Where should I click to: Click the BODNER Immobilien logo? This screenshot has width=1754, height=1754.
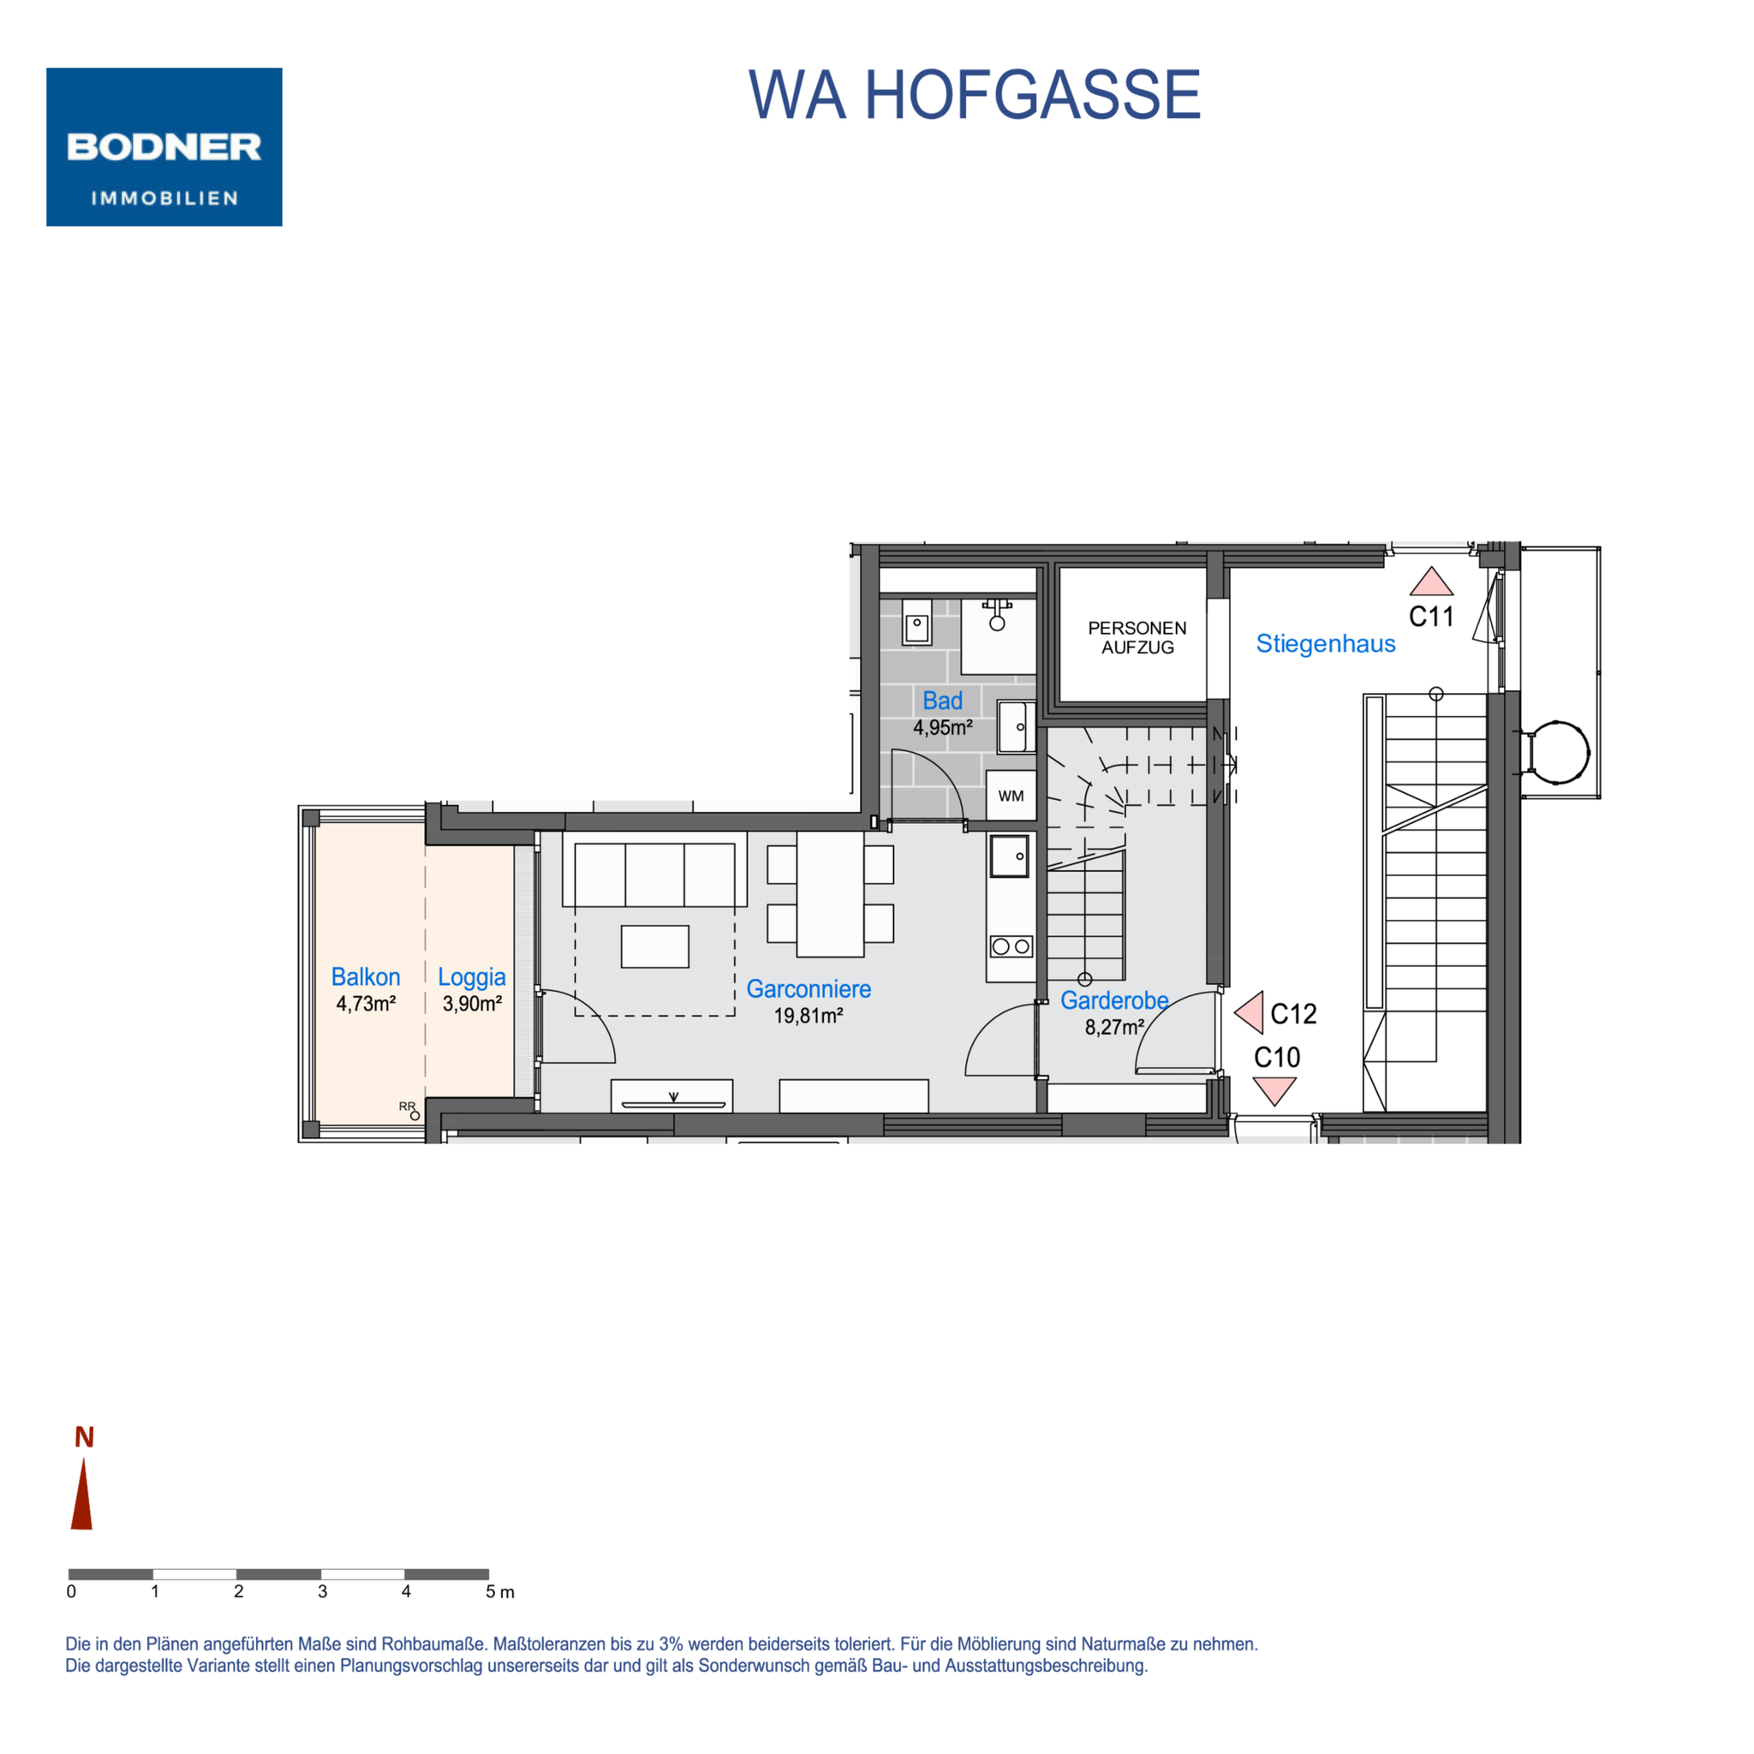164,147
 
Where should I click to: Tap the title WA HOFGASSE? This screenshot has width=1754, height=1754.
974,94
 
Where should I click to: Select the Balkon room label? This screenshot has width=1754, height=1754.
366,977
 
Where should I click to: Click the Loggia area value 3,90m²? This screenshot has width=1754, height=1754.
472,1004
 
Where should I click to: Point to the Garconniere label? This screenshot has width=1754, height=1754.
808,989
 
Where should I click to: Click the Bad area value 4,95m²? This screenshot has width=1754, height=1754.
943,728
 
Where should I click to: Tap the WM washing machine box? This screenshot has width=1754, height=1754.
1011,796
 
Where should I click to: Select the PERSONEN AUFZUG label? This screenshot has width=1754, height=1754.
1137,637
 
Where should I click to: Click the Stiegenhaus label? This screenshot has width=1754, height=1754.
1326,644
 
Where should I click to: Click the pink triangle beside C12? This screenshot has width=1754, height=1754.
1251,1013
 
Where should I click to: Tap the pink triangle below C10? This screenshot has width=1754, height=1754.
1274,1089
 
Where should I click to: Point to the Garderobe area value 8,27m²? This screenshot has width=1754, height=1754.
1115,1028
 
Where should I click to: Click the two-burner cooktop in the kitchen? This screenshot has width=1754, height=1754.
1011,947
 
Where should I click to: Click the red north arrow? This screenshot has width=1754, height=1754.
82,1494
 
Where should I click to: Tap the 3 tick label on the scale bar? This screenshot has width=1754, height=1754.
322,1591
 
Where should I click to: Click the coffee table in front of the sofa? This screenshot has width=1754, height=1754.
654,946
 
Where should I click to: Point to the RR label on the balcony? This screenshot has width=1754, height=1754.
407,1107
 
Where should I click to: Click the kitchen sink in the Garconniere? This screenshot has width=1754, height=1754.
1010,856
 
